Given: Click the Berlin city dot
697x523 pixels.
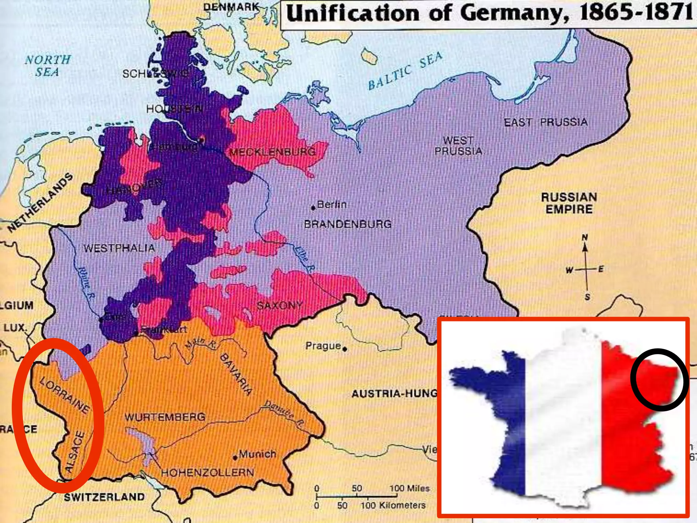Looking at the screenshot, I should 313,208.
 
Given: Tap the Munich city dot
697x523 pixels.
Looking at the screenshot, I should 235,458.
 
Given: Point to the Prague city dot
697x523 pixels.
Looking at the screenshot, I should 345,349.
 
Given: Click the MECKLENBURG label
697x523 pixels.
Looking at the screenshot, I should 273,152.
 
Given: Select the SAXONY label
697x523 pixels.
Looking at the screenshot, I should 280,305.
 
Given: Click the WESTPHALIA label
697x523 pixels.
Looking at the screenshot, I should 119,248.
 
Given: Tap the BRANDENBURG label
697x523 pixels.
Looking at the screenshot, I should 348,224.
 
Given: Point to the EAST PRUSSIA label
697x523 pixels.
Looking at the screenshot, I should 546,122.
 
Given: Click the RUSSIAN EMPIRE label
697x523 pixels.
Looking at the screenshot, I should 569,203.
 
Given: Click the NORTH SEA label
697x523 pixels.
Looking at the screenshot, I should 48,66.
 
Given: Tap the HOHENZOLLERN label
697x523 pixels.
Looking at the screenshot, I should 208,473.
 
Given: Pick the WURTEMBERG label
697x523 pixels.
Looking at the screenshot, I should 165,417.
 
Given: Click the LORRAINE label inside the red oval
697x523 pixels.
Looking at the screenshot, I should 65,395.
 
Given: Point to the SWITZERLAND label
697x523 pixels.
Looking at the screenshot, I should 104,497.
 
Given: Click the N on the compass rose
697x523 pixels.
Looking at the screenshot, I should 585,237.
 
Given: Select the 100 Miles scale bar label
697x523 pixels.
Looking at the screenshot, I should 409,488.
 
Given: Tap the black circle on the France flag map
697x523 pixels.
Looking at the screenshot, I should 660,380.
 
